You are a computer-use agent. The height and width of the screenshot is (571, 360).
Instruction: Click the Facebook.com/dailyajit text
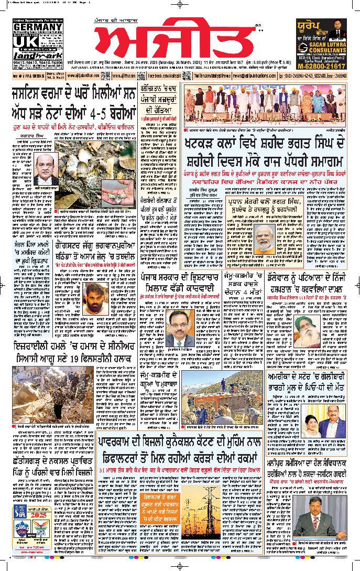[163, 76]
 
